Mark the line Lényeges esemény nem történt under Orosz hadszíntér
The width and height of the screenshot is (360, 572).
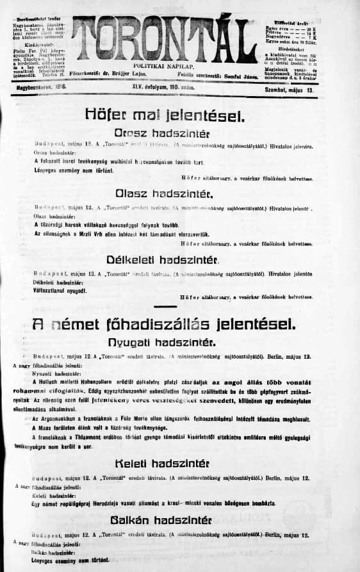pyautogui.click(x=70, y=168)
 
